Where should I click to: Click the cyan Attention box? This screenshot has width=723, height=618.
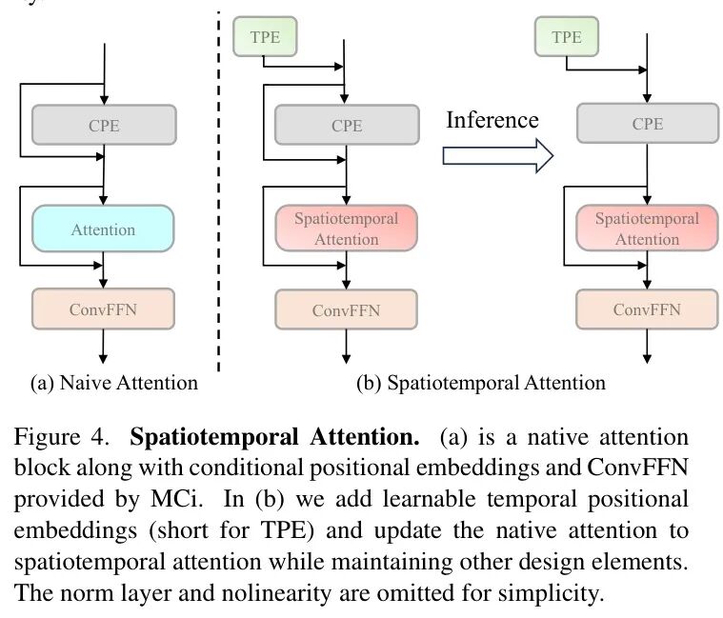[x=103, y=229]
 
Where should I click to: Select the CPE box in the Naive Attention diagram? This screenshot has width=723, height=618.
[x=103, y=125]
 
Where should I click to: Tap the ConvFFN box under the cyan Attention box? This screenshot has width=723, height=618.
[x=103, y=309]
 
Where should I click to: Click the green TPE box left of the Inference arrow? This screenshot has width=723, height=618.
[x=264, y=38]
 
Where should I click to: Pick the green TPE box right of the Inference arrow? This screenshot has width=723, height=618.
[x=566, y=38]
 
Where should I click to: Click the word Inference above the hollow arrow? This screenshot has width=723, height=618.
[x=492, y=120]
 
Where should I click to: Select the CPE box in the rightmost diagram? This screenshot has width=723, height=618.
[x=648, y=125]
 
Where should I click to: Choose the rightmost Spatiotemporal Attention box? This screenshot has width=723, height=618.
[x=648, y=229]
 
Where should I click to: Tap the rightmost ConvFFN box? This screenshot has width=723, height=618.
[x=648, y=309]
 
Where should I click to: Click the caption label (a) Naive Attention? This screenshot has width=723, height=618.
[x=114, y=383]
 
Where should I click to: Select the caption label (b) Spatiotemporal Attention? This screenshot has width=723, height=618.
[x=481, y=383]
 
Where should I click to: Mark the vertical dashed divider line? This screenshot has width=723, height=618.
[x=219, y=190]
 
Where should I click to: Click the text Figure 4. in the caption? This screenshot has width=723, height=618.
[x=59, y=438]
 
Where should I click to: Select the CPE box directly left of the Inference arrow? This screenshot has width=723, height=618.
[x=347, y=125]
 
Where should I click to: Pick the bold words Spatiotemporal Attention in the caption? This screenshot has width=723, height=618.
[x=274, y=438]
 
